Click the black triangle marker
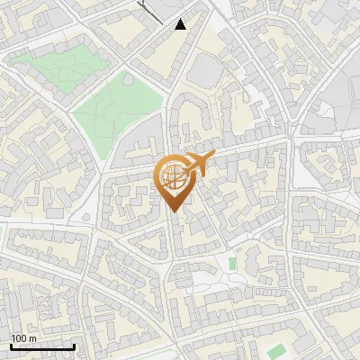point(181,24)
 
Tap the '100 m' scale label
point(24,338)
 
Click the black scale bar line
point(42,346)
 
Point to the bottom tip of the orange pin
point(174,212)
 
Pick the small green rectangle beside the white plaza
point(232,264)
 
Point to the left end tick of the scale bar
point(11,345)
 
